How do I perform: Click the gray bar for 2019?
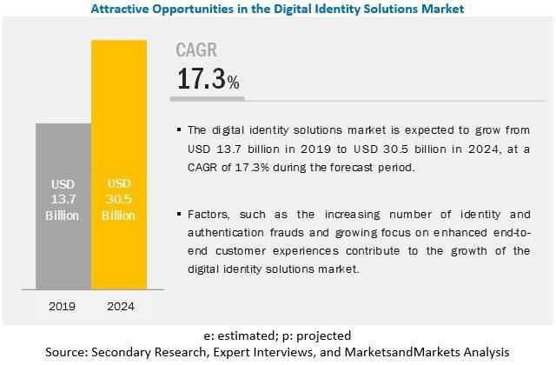pos(63,207)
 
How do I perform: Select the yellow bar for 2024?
pos(119,165)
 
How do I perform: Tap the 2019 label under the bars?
pos(62,306)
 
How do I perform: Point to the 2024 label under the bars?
pos(121,306)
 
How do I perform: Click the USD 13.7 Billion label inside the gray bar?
pos(63,200)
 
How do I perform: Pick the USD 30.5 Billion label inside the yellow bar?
pos(119,199)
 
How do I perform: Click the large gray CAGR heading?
pos(196,50)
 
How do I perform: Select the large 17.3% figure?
pos(208,78)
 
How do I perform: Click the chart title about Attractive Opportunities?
pos(277,9)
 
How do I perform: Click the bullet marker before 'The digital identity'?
pos(179,129)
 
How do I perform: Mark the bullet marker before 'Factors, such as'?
pos(179,214)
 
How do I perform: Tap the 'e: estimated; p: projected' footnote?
pos(277,335)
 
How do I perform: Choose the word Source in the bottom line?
pos(67,352)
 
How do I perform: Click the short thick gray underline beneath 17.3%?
pos(208,98)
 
